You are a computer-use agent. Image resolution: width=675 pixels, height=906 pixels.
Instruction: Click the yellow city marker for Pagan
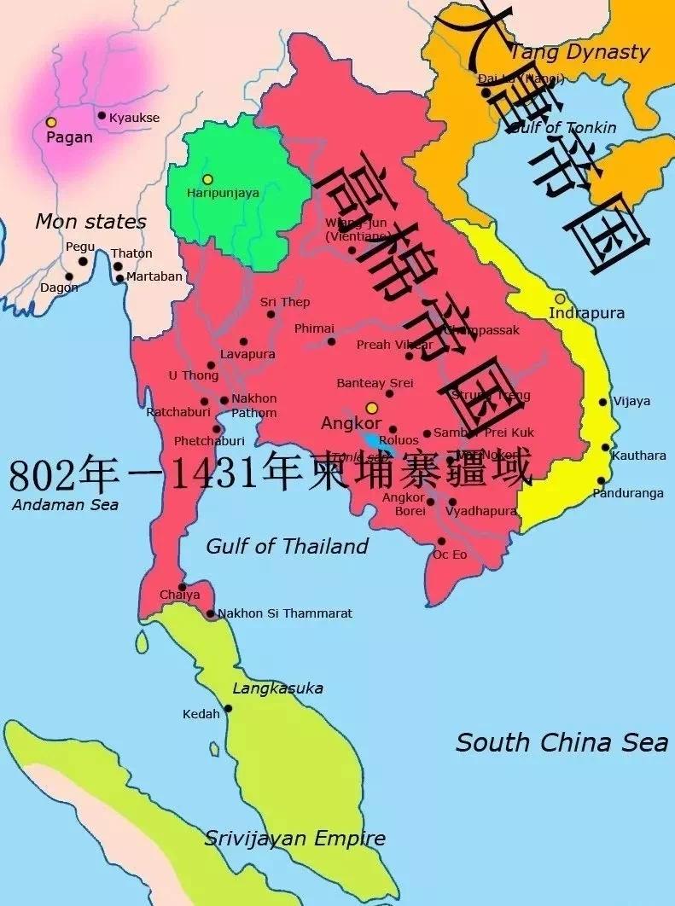tap(51, 123)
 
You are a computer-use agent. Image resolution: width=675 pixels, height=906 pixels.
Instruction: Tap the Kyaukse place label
tap(134, 117)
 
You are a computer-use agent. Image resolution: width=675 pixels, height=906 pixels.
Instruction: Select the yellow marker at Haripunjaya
tap(207, 179)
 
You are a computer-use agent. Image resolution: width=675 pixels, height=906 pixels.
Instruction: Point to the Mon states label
tap(90, 222)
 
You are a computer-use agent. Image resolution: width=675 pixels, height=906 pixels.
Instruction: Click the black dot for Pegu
tap(83, 261)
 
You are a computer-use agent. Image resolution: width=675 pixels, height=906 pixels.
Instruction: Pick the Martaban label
tap(154, 276)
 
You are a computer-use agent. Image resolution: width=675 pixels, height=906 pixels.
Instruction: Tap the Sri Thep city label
tap(285, 302)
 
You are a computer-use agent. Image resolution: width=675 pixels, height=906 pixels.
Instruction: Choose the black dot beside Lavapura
tap(243, 341)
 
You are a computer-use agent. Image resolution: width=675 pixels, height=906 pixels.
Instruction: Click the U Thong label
tap(194, 375)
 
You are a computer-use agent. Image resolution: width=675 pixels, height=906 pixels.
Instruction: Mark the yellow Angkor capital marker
tap(371, 408)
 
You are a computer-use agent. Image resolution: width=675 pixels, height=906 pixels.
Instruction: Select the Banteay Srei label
tap(375, 383)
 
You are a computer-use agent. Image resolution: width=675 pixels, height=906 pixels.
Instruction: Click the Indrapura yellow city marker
tap(560, 299)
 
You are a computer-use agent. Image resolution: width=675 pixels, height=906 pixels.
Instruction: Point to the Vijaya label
tap(631, 401)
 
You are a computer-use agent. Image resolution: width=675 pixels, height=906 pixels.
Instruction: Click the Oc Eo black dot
tap(441, 541)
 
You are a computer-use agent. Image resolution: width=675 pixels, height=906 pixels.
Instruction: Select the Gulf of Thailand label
tap(287, 546)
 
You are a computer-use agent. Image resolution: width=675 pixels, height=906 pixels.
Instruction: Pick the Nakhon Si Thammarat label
tap(285, 613)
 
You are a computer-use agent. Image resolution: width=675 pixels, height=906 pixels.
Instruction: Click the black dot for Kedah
tap(228, 708)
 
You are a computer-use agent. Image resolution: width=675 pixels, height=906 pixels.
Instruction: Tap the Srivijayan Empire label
tap(294, 839)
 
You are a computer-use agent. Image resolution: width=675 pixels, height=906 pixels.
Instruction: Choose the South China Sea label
tap(562, 742)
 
